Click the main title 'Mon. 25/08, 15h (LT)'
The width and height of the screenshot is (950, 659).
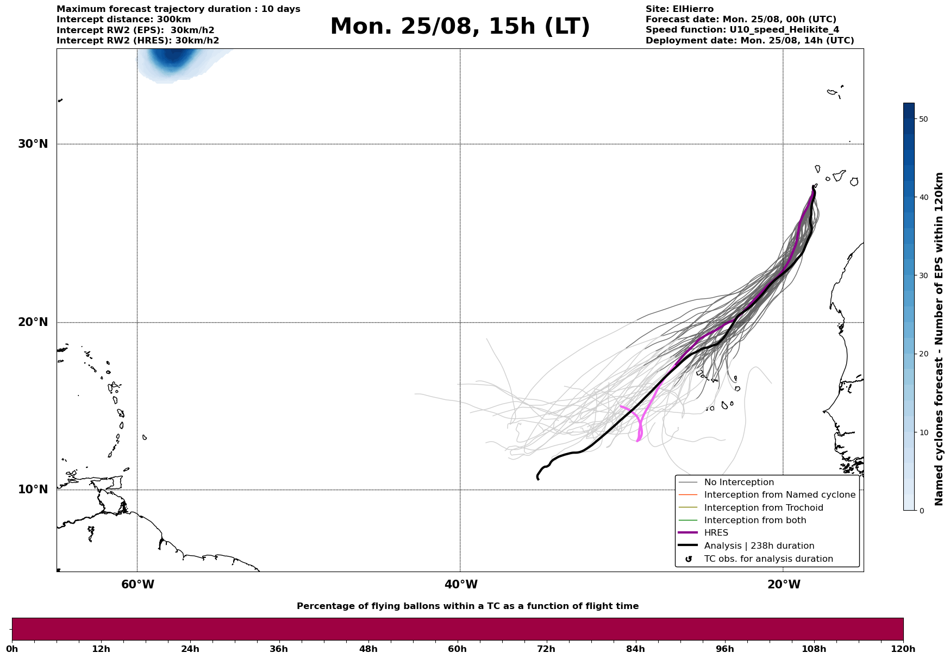click(460, 27)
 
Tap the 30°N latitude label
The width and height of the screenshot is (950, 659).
click(33, 144)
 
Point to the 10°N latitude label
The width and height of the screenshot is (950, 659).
click(33, 489)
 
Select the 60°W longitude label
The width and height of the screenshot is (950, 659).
click(137, 585)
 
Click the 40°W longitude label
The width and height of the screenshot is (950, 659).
click(461, 585)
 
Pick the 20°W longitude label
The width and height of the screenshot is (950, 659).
click(784, 585)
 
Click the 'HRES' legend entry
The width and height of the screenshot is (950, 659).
click(716, 533)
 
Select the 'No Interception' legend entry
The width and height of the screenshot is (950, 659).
click(739, 482)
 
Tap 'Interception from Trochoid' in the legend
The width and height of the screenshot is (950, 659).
click(763, 508)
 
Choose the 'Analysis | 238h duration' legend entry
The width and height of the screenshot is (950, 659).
click(759, 546)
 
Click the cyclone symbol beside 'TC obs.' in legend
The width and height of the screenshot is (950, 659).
click(688, 559)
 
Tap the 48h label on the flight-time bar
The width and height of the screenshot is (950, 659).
click(368, 649)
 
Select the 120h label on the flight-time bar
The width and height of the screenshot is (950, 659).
click(903, 649)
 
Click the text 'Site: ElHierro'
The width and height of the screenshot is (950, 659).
click(679, 9)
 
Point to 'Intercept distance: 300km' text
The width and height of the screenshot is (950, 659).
click(124, 20)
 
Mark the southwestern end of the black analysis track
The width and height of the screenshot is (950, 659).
click(538, 478)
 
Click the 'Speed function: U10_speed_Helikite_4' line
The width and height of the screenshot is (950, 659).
click(742, 30)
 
